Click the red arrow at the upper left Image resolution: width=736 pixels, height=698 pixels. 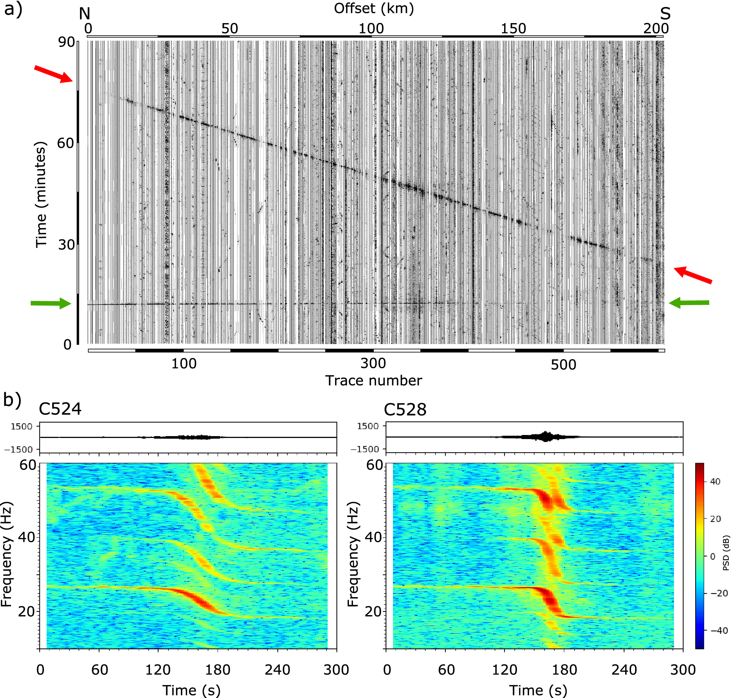tap(54, 74)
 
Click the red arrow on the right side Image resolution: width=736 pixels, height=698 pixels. tap(692, 275)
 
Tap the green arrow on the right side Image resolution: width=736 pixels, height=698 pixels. tap(689, 303)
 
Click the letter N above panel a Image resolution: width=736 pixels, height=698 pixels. tap(84, 14)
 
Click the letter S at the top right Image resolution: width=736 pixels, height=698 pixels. tap(665, 14)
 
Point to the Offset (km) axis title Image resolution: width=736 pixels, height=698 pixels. tap(374, 8)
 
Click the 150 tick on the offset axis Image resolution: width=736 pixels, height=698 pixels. tap(513, 29)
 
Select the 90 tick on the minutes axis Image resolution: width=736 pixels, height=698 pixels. tap(67, 42)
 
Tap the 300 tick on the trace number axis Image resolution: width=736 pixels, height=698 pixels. tap(373, 363)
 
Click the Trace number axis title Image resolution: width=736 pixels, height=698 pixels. tap(374, 381)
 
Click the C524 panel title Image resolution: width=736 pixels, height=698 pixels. tap(60, 409)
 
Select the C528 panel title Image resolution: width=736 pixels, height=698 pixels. tap(405, 410)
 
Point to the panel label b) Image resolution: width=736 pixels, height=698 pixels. tap(12, 400)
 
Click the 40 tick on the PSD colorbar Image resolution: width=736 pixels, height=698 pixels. tap(715, 482)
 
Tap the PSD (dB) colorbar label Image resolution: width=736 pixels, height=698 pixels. tap(726, 553)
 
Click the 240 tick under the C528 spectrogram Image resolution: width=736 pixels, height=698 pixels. tap(624, 670)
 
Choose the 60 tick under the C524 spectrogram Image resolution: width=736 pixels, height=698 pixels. tap(99, 670)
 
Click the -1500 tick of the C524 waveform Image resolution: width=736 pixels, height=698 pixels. tap(19, 449)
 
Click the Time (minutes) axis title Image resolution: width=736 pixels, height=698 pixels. tap(41, 195)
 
